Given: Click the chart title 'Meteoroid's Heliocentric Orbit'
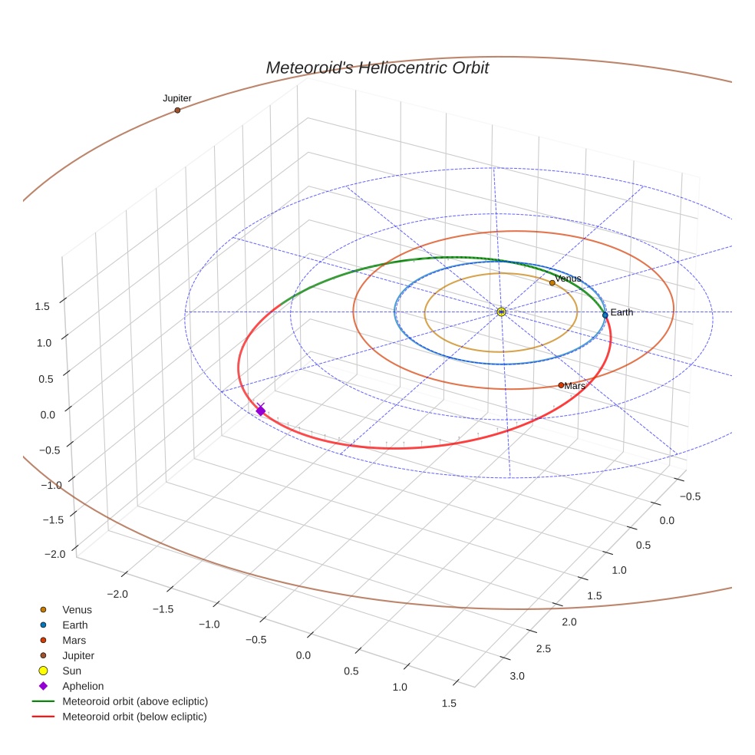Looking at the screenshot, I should point(377,68).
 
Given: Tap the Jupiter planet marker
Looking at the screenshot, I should point(177,110).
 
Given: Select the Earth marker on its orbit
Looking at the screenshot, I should point(605,315).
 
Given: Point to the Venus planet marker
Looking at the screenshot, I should point(552,283).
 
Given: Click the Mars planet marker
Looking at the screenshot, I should point(561,385).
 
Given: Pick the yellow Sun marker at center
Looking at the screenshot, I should point(500,312).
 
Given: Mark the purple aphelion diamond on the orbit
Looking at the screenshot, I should point(260,411).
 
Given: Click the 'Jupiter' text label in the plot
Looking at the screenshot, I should point(177,98).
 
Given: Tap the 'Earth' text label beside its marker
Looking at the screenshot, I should point(621,312).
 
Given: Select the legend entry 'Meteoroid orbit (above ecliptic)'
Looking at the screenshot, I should point(134,701).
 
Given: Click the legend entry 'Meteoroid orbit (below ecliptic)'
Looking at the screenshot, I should point(134,717).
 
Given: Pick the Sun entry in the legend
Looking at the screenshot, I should point(71,671).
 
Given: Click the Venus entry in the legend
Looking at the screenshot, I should point(77,609).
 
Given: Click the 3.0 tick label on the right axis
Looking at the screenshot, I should point(516,676).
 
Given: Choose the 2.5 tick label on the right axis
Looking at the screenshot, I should point(542,649).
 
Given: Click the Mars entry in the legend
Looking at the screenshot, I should point(74,640).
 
